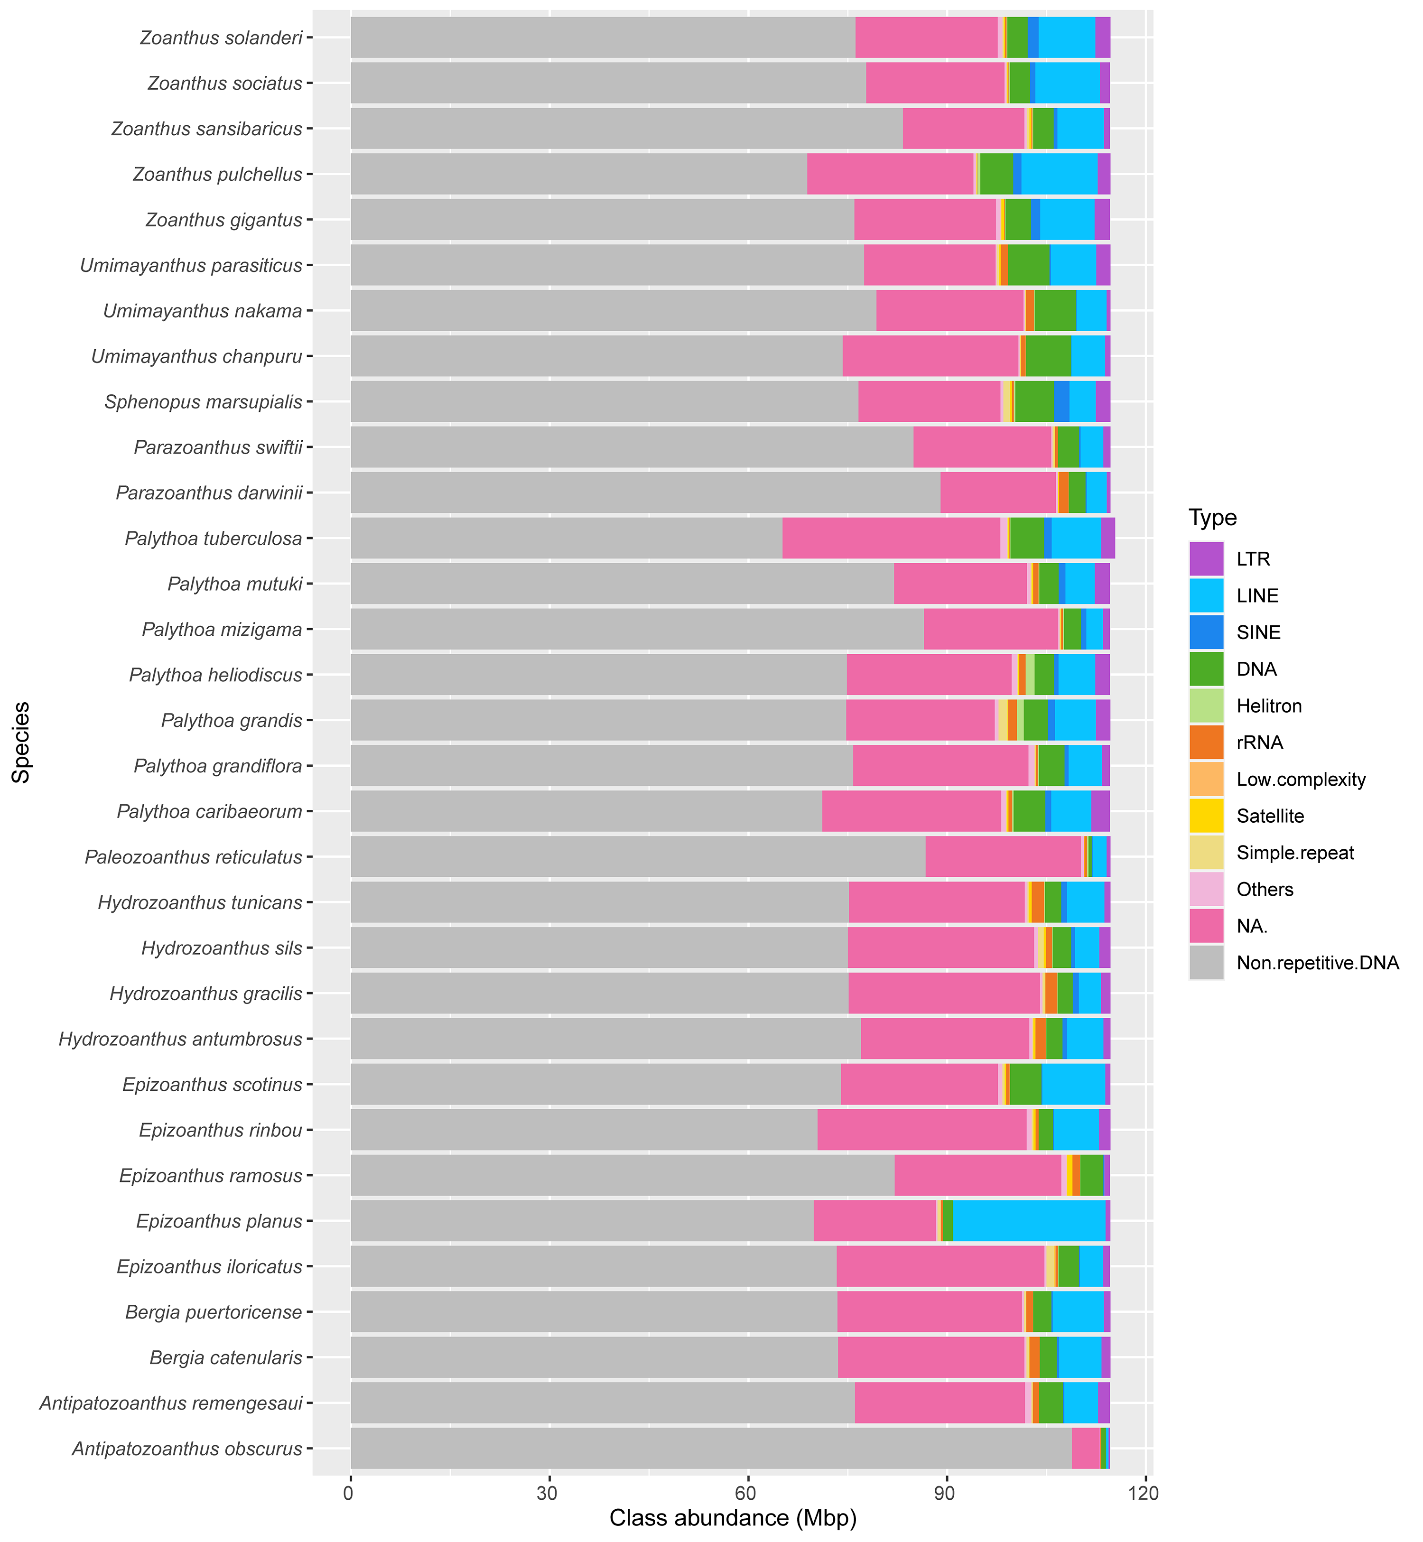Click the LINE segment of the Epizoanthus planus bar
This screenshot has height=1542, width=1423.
[x=1029, y=1221]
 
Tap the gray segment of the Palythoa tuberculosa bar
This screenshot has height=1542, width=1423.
[x=566, y=538]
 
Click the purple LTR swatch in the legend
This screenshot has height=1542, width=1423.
[x=1206, y=559]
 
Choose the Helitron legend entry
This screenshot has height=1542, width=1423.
[x=1268, y=706]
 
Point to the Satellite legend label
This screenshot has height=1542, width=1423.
[x=1270, y=816]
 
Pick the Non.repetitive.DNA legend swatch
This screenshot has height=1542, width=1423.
[x=1206, y=963]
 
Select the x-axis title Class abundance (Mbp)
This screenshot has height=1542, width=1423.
[x=732, y=1518]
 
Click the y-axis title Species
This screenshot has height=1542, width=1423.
[x=21, y=742]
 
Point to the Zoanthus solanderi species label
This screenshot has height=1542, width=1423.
[x=221, y=38]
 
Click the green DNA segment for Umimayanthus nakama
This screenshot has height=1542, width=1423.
[x=1055, y=311]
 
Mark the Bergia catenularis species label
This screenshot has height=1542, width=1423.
[x=225, y=1357]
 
